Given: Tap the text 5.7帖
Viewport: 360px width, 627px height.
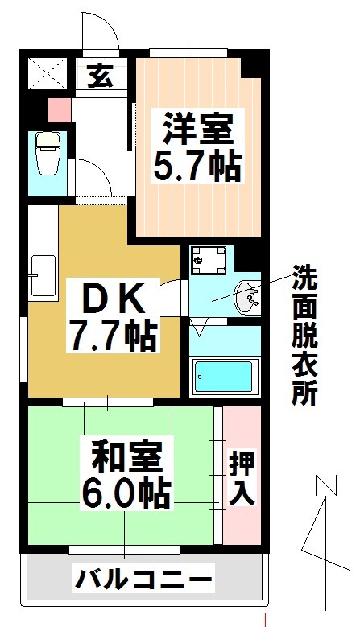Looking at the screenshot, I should pos(197,166).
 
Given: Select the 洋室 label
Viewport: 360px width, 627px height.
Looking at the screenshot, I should pos(197,130).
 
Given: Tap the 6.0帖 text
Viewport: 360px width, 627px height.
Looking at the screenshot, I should pos(126,492).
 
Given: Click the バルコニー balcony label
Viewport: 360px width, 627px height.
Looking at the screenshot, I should pos(145,578).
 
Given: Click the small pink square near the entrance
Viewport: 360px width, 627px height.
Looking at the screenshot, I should pos(60,108).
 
